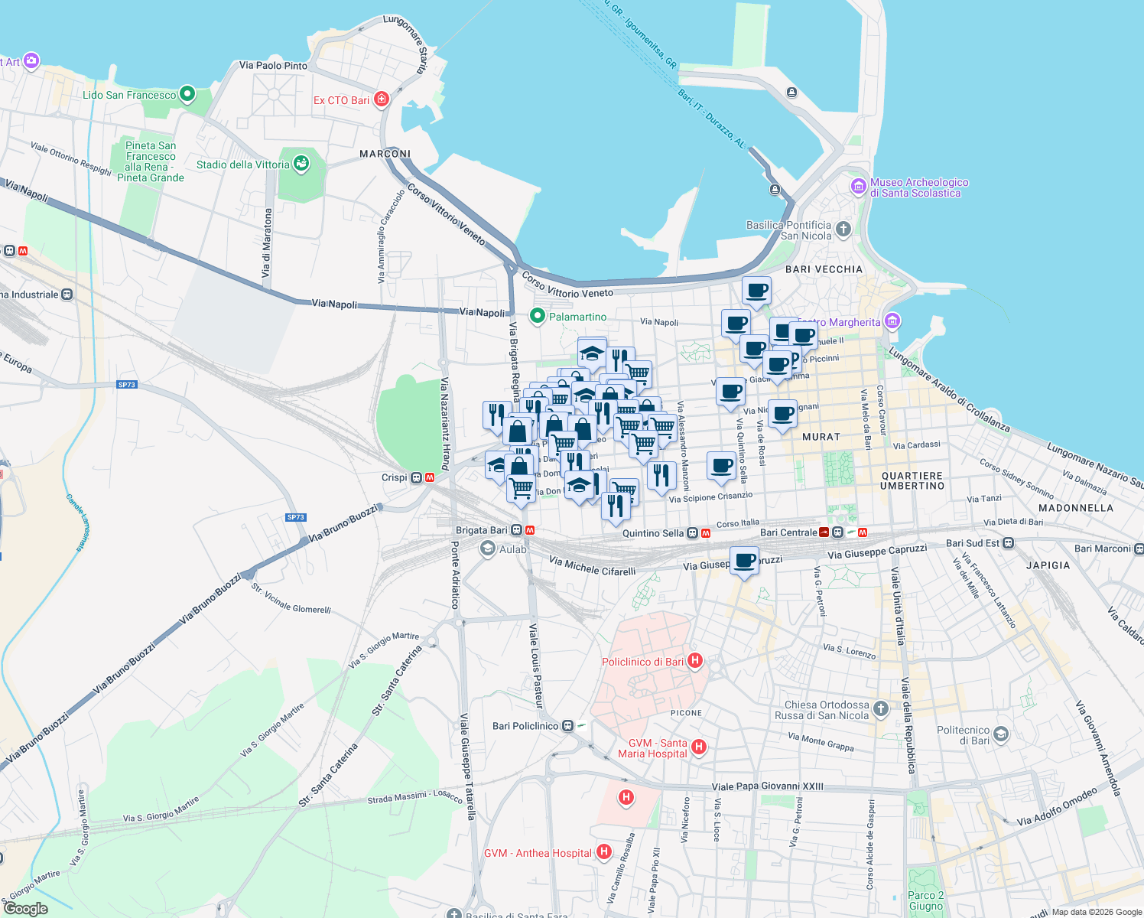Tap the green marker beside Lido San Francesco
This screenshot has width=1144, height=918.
(187, 95)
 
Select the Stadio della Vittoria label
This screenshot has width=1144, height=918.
(242, 164)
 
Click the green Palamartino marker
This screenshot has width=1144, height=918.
(538, 316)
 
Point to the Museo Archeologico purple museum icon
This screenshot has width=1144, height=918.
(858, 186)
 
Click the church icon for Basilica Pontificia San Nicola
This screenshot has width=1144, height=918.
(843, 229)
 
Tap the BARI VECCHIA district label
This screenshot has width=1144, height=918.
(824, 269)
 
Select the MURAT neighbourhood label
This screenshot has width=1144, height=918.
(821, 437)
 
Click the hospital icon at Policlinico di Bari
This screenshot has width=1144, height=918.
(695, 661)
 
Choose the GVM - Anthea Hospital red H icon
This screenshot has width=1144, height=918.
(604, 851)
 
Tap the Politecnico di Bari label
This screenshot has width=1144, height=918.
(963, 735)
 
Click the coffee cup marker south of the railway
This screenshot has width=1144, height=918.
(744, 562)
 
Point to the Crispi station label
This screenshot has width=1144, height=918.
(395, 477)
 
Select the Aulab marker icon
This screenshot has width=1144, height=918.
(487, 549)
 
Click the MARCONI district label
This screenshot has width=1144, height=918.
(385, 154)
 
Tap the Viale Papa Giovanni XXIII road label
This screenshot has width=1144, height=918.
(767, 786)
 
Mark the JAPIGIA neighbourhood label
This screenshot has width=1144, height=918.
(1048, 565)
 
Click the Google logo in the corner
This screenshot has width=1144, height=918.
(26, 908)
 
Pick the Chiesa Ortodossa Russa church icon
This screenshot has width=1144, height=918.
(881, 709)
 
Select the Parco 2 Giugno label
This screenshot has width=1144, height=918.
(925, 900)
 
